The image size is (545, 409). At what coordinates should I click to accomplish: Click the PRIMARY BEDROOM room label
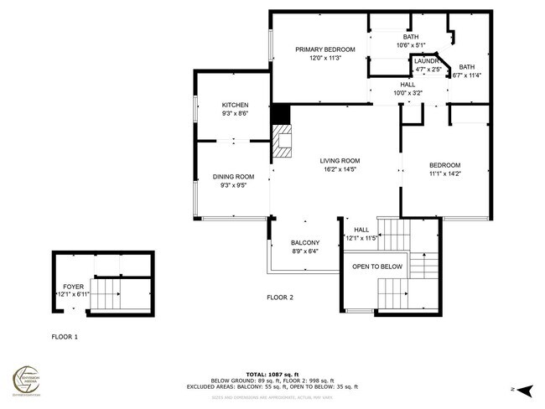pos(324,49)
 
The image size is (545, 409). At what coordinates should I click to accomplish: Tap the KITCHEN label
pos(235,105)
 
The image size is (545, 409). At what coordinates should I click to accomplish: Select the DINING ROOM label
pos(232,177)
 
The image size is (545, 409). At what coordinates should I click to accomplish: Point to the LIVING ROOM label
pos(340,161)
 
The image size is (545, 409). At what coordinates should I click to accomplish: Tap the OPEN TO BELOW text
pos(376,267)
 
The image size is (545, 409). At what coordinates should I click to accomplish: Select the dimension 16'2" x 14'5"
pos(340,170)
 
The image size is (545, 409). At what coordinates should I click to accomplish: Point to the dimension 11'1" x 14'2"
pos(444,173)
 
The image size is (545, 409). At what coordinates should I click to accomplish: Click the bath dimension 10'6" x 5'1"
pos(410,45)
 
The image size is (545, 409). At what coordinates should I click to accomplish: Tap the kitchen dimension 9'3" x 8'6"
pos(235,113)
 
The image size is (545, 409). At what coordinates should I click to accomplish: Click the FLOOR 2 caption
pos(279,298)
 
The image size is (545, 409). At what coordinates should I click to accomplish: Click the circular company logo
pos(29,379)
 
